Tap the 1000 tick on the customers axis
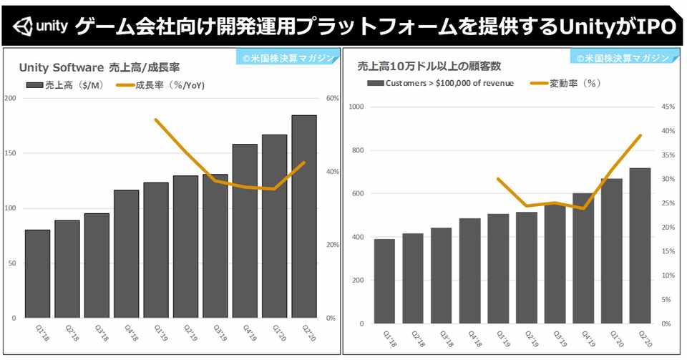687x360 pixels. point(356,107)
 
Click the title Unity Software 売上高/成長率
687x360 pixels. point(99,67)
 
